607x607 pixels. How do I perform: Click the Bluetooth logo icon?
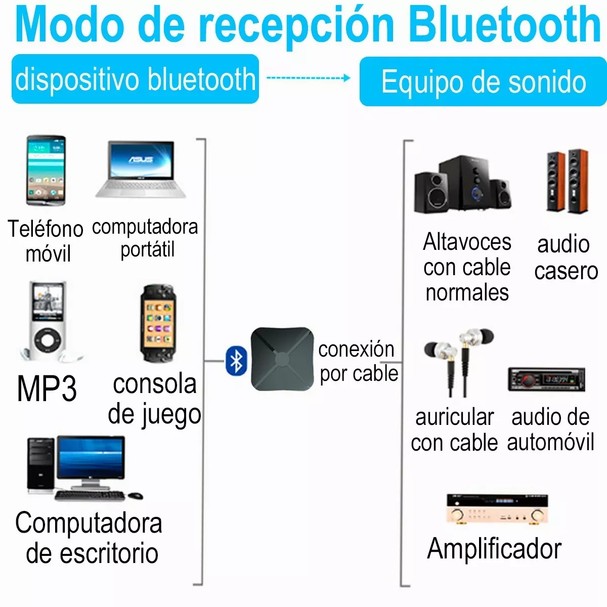236,361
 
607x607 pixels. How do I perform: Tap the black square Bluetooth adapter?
281,359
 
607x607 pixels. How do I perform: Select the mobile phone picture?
46,170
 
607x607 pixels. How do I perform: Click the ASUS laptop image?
142,169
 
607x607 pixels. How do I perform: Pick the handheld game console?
158,324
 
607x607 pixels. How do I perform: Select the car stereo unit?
546,379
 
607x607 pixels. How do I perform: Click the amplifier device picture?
497,508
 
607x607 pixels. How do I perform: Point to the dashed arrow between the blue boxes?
308,78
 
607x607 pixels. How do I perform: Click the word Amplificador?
494,549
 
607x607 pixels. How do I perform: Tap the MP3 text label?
47,389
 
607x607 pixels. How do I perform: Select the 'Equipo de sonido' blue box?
483,81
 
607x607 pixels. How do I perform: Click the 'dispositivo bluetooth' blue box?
135,79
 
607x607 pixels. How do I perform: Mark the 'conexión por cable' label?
358,361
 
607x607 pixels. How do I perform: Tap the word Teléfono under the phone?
46,229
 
